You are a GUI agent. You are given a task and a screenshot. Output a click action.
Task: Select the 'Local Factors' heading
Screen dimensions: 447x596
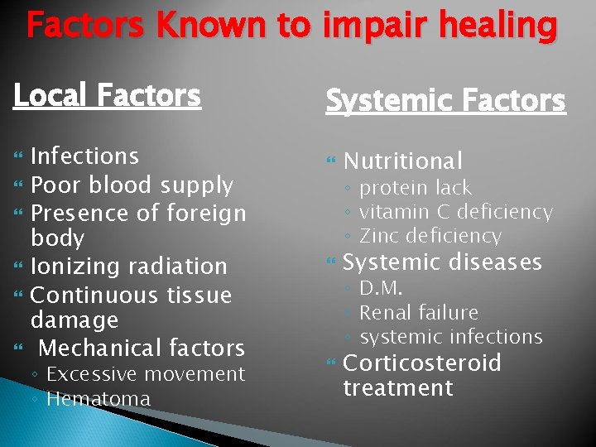click(x=107, y=96)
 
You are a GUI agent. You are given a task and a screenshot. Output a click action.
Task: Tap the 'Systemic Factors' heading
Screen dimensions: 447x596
click(x=445, y=101)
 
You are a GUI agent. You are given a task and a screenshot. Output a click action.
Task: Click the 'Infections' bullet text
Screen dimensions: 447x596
click(x=84, y=156)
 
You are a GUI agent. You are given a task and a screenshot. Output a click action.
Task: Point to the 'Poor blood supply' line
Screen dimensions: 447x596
click(x=132, y=185)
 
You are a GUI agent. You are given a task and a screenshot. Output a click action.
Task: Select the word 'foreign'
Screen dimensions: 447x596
click(x=207, y=213)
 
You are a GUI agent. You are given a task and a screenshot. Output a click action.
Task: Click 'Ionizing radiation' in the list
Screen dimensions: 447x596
click(x=128, y=267)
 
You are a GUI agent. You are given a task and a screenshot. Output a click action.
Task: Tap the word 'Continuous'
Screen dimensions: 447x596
click(x=93, y=295)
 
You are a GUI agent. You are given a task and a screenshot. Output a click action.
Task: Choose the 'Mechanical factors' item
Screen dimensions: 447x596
click(x=142, y=348)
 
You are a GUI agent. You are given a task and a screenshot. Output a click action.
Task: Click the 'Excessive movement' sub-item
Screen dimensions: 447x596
click(x=146, y=374)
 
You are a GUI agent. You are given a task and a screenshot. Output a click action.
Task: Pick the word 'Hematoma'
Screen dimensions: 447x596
click(x=99, y=398)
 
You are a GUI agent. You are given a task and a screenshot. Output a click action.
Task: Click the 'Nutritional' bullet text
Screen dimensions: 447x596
click(x=402, y=161)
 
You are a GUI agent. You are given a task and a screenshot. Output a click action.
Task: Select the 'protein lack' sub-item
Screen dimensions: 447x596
click(x=416, y=188)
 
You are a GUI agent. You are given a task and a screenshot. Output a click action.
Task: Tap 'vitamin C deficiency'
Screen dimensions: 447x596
click(x=455, y=212)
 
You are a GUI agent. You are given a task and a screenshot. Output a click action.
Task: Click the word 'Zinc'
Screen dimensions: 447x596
click(x=378, y=236)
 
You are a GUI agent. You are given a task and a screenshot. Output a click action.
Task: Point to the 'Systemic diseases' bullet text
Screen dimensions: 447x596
click(x=442, y=262)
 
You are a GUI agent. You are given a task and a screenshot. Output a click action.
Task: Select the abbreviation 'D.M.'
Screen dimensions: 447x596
click(x=381, y=288)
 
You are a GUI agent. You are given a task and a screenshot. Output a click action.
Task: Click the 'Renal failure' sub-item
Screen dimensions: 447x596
click(x=419, y=313)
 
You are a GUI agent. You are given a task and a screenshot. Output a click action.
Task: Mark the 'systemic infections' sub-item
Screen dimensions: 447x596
click(x=451, y=337)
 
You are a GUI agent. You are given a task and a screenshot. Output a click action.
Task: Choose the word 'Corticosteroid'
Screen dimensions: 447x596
click(x=421, y=363)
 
